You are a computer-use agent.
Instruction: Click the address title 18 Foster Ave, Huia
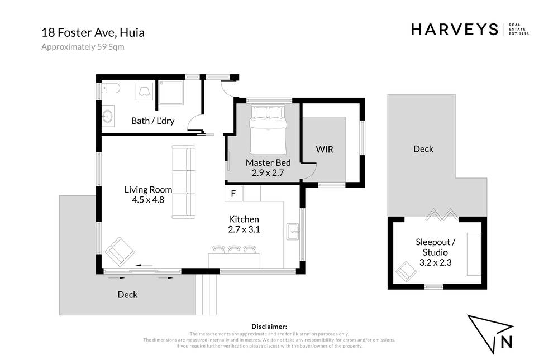pos(93,32)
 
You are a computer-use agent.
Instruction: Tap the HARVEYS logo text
pos(455,30)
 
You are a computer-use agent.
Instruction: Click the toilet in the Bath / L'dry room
pos(111,88)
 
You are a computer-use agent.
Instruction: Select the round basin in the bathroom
pos(108,116)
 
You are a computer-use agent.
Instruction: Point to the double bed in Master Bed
pos(268,130)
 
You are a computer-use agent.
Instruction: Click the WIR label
pos(325,150)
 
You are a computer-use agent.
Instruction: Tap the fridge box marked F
pos(233,194)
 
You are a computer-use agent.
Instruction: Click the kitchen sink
pos(293,232)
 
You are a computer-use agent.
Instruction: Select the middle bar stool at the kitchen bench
pos(234,249)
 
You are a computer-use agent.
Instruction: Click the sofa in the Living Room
pos(184,182)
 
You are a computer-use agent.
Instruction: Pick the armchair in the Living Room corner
pos(120,252)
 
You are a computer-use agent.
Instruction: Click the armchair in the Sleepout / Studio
pos(406,271)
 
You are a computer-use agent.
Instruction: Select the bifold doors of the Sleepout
pos(442,215)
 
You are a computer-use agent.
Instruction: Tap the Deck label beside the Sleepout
pos(423,149)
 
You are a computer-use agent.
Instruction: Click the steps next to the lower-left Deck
pos(206,294)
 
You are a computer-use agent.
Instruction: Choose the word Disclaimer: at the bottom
pos(269,327)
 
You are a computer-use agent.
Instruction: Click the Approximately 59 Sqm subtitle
pos(83,47)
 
